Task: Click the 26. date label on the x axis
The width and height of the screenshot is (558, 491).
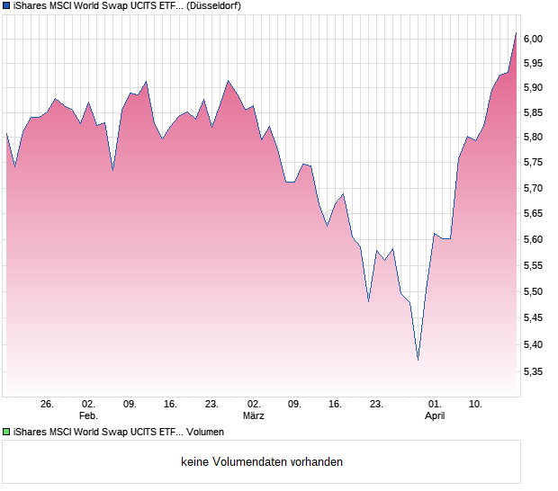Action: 48,405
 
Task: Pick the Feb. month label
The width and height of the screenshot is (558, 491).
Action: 87,416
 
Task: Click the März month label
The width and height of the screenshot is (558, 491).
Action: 254,416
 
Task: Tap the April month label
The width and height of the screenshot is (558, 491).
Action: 435,416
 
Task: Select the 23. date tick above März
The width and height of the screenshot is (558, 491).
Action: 212,405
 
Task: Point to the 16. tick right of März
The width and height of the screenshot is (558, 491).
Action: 336,405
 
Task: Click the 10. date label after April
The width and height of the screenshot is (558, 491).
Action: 476,405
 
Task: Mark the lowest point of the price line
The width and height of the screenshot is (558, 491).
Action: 418,360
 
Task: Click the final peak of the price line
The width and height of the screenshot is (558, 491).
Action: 517,32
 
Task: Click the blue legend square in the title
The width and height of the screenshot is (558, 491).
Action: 6,5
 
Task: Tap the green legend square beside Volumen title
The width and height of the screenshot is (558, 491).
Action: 6,433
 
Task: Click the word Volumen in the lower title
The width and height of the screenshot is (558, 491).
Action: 205,433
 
